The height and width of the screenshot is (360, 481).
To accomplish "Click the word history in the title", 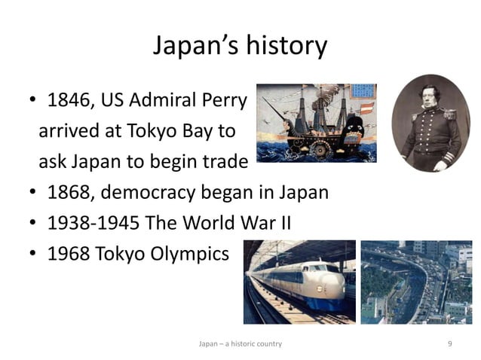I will point(285,46).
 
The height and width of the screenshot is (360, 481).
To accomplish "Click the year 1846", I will point(69,100).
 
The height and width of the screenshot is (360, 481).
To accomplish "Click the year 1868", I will point(69,192).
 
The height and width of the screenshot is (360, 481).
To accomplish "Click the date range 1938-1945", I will point(96,223).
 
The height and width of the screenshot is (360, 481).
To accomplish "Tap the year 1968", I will point(69,254).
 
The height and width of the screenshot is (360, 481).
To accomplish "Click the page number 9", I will point(449,343).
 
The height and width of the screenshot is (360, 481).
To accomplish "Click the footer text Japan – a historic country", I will point(240,343).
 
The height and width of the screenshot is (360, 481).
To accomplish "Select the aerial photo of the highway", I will point(415,282).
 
